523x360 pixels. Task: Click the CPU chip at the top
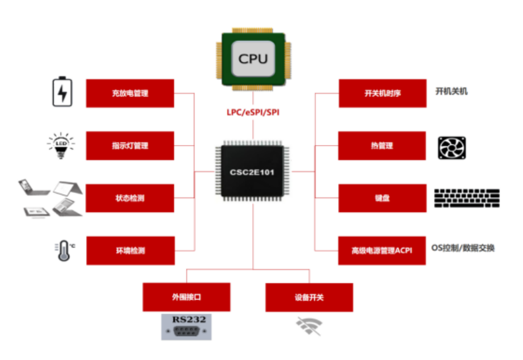(x=252, y=59)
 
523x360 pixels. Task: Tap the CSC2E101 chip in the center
(x=252, y=171)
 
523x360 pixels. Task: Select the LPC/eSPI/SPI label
(x=252, y=112)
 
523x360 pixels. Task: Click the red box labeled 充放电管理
(x=130, y=93)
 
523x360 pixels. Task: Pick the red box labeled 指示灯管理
(x=130, y=146)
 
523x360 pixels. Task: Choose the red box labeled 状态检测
(x=130, y=198)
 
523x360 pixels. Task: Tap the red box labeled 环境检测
(x=130, y=250)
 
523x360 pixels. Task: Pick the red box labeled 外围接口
(x=186, y=297)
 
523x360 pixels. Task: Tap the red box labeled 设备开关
(x=309, y=297)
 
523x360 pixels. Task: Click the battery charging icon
(x=62, y=92)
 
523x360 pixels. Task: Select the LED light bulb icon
(x=61, y=146)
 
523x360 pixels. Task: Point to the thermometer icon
(x=62, y=250)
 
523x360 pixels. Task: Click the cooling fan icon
(x=452, y=147)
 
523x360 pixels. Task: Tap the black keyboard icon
(x=467, y=198)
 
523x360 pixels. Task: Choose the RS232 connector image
(x=184, y=327)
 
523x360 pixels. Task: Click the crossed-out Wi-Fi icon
(x=309, y=325)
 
